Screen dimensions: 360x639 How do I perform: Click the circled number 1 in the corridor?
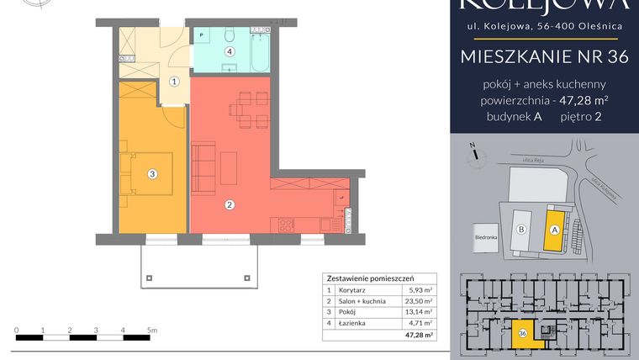coord(174,82)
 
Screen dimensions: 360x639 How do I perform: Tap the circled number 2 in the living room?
coord(228,204)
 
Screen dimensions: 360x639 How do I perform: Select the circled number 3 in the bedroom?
coord(152,174)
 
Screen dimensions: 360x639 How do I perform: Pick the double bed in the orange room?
coord(146,174)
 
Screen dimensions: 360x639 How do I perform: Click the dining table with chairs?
coord(241,110)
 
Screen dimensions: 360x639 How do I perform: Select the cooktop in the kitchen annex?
coord(285,225)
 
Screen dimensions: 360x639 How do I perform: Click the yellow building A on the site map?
coord(554,226)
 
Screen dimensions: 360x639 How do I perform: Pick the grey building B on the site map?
coord(521,228)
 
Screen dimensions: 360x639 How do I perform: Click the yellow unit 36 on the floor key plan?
coord(522,333)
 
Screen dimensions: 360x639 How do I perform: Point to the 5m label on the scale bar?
coord(151,331)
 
